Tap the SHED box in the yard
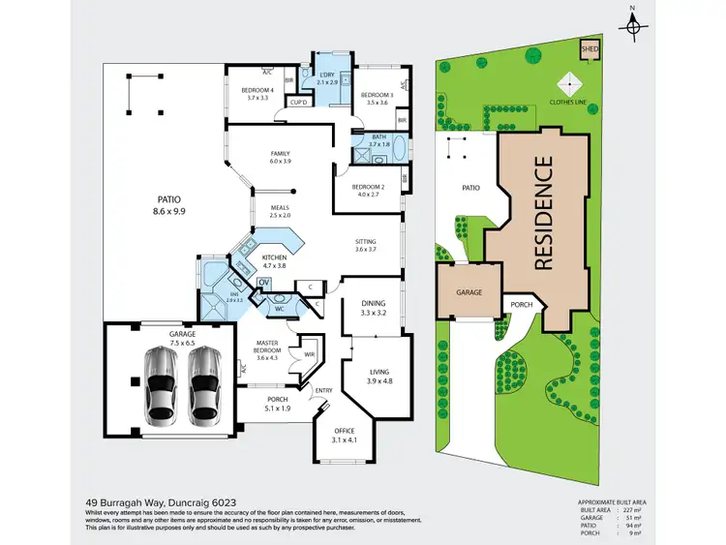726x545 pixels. click(588, 47)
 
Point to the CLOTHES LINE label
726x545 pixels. click(567, 99)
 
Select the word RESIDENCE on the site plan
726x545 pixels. click(543, 212)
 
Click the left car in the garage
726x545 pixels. click(161, 384)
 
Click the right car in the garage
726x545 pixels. click(204, 384)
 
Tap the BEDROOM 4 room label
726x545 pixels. click(257, 94)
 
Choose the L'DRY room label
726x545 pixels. click(327, 78)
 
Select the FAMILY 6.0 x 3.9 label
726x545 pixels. click(280, 157)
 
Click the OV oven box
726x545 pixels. click(262, 283)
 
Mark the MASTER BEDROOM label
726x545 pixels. click(267, 348)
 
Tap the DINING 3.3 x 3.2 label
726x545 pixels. click(373, 309)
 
